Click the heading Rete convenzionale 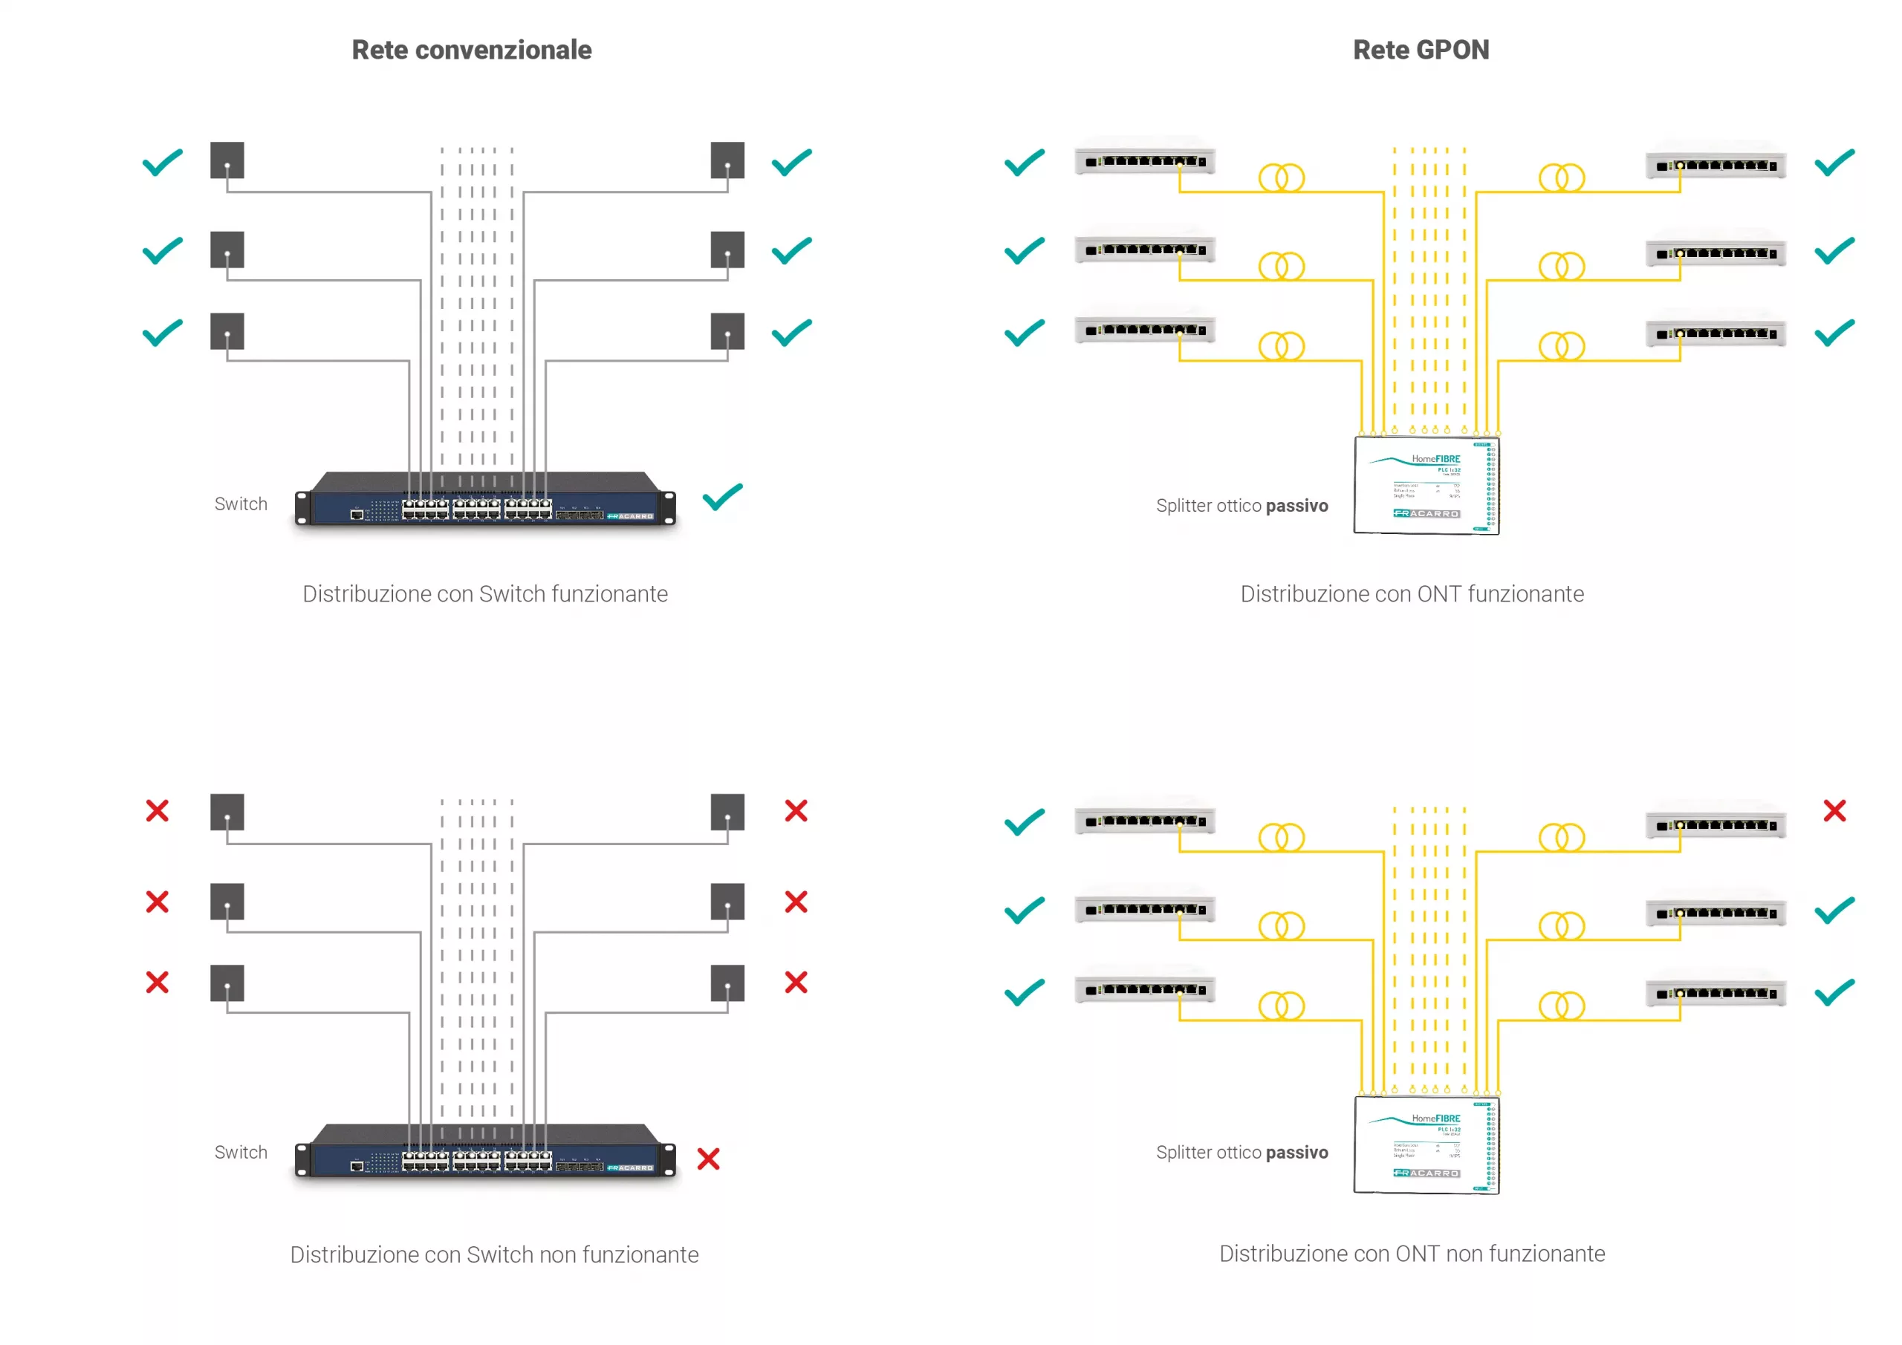[x=471, y=50]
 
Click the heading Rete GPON [x=1420, y=50]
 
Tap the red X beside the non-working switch [x=708, y=1158]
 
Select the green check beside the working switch [x=722, y=497]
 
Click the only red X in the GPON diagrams [x=1834, y=810]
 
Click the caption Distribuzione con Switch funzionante [x=484, y=594]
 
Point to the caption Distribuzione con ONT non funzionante [x=1412, y=1253]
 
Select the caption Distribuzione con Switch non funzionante [x=494, y=1254]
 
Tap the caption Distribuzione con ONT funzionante [x=1412, y=594]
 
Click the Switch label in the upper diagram [x=241, y=504]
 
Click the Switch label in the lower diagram [x=241, y=1152]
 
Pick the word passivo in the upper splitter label [x=1296, y=505]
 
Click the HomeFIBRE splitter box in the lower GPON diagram [x=1425, y=1144]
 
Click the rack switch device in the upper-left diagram [x=485, y=499]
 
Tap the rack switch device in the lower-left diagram [x=485, y=1151]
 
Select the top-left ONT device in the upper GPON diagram [x=1144, y=160]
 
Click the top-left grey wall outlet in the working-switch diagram [x=227, y=160]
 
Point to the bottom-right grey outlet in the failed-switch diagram [x=727, y=983]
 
